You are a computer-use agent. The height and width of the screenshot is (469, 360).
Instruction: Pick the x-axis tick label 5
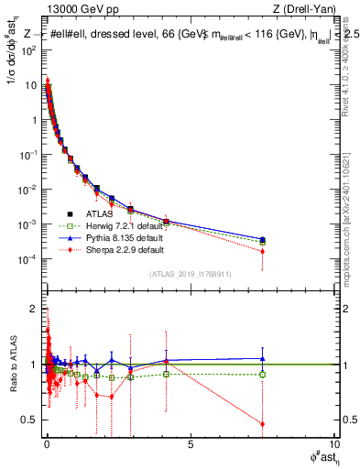click(x=190, y=446)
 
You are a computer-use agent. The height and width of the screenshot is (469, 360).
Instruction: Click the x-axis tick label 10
click(x=332, y=446)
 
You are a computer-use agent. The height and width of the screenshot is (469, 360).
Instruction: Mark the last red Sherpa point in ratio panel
click(x=263, y=424)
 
